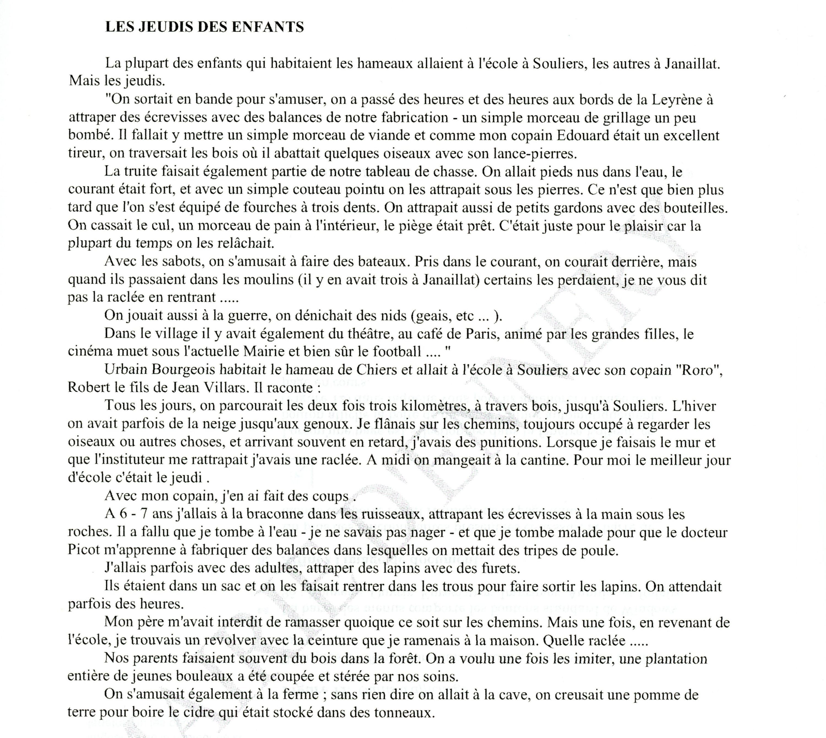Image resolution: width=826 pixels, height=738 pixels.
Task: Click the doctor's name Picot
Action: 84,550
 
